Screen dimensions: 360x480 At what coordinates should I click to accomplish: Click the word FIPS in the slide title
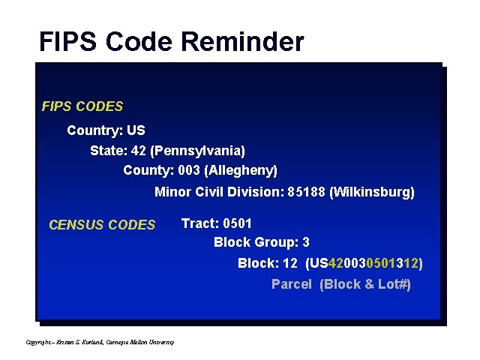(67, 41)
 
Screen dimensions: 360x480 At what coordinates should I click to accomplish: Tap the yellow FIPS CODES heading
(82, 106)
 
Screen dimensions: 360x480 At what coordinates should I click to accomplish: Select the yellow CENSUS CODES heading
(101, 224)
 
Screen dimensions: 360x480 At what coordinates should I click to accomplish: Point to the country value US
(136, 130)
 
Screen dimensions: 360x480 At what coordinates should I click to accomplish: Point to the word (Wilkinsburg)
(372, 192)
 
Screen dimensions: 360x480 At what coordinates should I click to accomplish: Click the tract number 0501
(237, 223)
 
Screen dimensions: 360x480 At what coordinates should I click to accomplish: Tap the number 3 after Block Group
(306, 242)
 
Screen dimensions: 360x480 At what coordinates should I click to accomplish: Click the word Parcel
(291, 284)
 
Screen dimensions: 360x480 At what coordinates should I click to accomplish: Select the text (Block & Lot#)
(365, 284)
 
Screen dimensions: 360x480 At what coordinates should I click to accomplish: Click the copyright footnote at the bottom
(100, 342)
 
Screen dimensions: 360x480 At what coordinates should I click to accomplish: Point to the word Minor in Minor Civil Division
(172, 192)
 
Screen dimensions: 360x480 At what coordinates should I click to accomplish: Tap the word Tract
(199, 223)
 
